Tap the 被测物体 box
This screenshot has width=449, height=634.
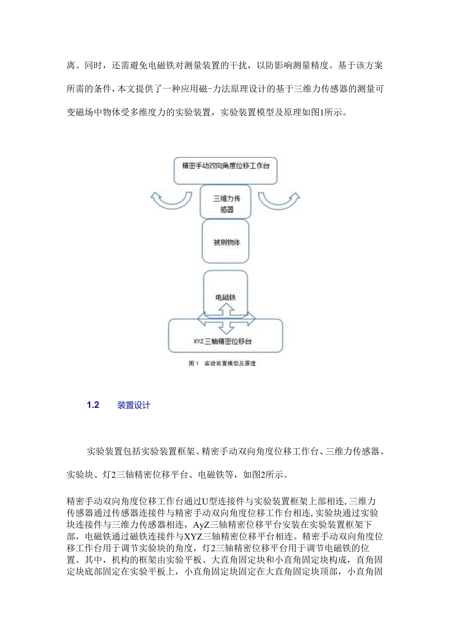(x=225, y=242)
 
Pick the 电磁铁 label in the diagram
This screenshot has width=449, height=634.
(x=225, y=297)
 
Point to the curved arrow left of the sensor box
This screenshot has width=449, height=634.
(x=171, y=200)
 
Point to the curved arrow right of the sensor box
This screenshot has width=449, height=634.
(x=279, y=200)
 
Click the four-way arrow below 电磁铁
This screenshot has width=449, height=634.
(x=226, y=317)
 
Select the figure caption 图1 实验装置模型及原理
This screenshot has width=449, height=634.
(x=222, y=364)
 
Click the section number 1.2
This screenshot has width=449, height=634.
(x=93, y=405)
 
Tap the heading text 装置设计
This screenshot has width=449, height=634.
(x=134, y=405)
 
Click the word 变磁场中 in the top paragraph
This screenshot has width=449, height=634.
(x=85, y=113)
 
